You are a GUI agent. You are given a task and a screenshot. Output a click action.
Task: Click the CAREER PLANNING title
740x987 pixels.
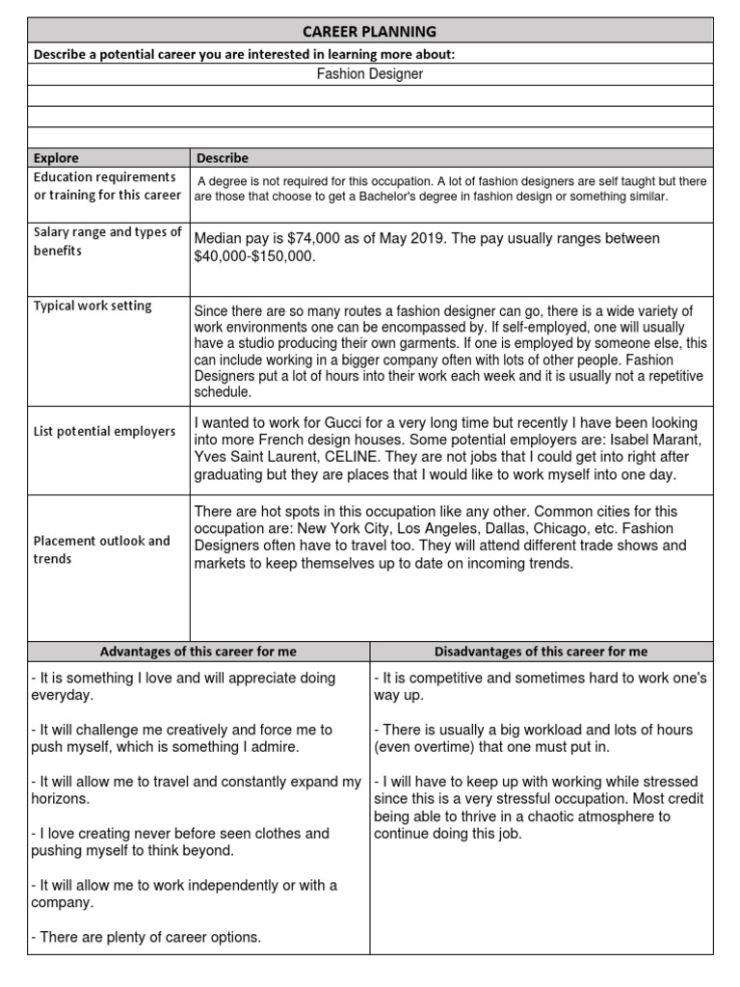pos(370,31)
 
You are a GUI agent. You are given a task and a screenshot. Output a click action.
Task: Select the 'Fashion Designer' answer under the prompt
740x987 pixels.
pos(370,74)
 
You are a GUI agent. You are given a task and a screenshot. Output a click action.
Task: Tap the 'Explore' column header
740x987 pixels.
pos(56,158)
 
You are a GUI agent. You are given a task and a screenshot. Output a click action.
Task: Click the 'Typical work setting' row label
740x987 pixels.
pos(92,306)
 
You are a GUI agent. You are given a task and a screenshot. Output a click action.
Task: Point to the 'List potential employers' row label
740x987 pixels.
pos(105,431)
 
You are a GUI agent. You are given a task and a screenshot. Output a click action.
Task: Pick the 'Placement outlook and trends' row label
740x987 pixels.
pos(101,549)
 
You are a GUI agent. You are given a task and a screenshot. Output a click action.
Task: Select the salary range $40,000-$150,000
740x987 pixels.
pos(254,257)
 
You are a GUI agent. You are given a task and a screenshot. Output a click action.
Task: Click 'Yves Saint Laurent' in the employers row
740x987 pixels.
pos(258,458)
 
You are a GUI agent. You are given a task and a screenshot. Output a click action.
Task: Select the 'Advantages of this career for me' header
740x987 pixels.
pos(198,652)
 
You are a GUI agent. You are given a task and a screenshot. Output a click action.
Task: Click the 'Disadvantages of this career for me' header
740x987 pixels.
pos(541,652)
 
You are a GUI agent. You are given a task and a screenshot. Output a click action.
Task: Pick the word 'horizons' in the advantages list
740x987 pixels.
pos(59,799)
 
